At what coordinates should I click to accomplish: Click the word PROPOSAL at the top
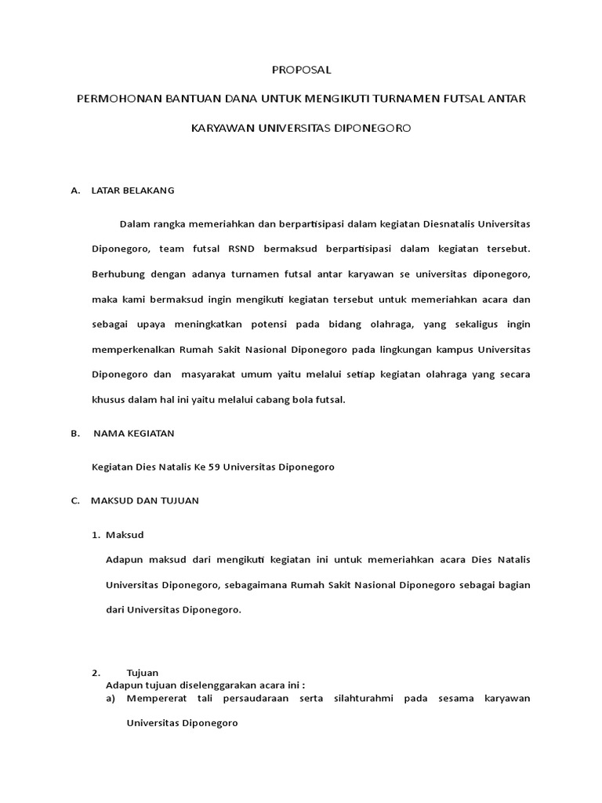tap(302, 70)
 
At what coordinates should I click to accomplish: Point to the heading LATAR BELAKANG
tap(132, 191)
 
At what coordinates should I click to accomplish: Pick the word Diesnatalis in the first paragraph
tap(448, 223)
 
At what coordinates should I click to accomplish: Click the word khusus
tap(107, 399)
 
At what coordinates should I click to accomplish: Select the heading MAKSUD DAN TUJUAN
tap(145, 500)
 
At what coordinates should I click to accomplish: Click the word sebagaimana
tap(259, 584)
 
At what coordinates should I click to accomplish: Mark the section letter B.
tap(74, 433)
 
